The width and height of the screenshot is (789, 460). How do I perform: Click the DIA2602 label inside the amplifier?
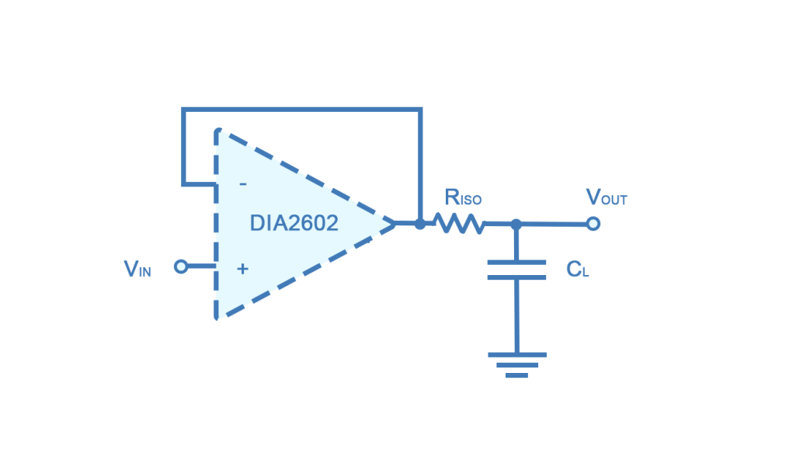(x=294, y=224)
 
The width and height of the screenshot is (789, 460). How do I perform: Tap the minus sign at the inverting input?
(x=243, y=184)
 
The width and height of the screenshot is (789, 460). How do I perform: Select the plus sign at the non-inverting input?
(x=242, y=269)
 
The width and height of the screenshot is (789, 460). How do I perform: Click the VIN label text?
(x=138, y=270)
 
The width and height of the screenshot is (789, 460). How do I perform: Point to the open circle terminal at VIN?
(x=181, y=267)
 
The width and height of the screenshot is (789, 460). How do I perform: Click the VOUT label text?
(x=606, y=197)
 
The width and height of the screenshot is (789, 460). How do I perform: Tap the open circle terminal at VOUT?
(x=593, y=224)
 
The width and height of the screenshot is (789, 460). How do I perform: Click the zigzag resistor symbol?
(x=460, y=225)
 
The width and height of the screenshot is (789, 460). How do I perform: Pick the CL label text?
(x=577, y=270)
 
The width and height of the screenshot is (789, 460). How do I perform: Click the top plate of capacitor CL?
(x=516, y=263)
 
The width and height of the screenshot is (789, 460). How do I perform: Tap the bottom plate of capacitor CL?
(x=516, y=277)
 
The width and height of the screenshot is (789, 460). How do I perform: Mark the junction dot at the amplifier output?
(x=420, y=224)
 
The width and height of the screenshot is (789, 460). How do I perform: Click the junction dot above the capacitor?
(x=516, y=224)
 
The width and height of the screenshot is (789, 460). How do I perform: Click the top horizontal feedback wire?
(x=303, y=109)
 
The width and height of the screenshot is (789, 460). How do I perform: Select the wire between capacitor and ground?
(x=516, y=315)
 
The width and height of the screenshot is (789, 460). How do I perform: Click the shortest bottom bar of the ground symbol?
(x=516, y=375)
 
